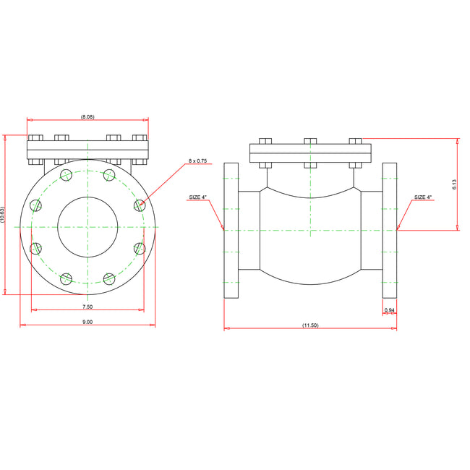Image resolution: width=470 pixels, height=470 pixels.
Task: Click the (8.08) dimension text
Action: [87, 116]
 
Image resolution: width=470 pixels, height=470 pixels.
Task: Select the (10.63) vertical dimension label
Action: [3, 215]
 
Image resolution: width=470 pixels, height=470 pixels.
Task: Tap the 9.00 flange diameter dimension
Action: [87, 322]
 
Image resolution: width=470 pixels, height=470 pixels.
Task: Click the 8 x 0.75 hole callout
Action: [197, 161]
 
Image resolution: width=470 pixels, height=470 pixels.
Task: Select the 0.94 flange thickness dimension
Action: [389, 310]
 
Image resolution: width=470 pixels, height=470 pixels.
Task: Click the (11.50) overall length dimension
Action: [310, 325]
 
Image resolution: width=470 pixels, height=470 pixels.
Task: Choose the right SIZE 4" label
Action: [423, 197]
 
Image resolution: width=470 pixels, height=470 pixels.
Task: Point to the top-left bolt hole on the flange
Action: [67, 175]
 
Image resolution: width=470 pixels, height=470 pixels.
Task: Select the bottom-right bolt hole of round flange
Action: [109, 278]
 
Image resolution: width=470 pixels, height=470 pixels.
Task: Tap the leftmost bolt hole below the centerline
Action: [36, 248]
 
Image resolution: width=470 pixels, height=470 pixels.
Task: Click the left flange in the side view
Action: [231, 230]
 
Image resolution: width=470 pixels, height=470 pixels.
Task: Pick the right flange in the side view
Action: [389, 230]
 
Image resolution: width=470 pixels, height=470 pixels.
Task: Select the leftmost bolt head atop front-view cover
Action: [36, 137]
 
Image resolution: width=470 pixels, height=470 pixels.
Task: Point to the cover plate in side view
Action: [310, 153]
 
